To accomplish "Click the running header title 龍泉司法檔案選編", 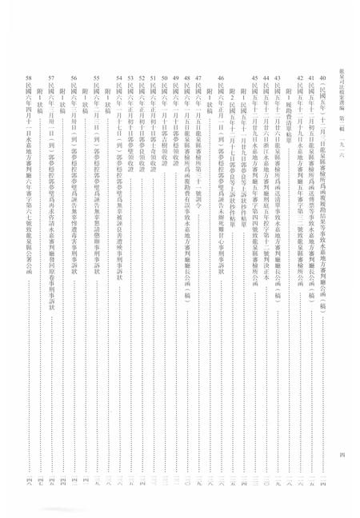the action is [x=342, y=31].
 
